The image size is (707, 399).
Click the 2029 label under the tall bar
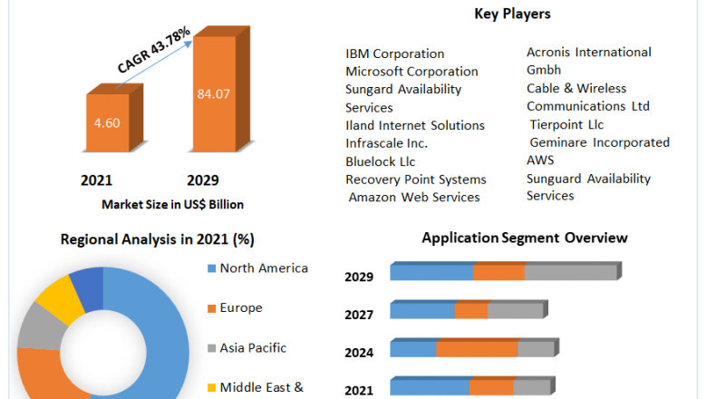[203, 180]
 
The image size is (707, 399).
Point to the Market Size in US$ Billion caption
[172, 204]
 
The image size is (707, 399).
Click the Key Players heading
[512, 14]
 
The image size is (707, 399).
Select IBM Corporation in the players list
[395, 54]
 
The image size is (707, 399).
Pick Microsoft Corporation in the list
[412, 72]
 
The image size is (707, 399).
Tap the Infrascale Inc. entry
[386, 143]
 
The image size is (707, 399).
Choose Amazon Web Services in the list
[414, 197]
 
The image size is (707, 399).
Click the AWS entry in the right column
[540, 160]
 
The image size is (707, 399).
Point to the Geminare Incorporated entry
[600, 142]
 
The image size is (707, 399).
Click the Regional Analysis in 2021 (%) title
[157, 239]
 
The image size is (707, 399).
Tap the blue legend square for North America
[211, 268]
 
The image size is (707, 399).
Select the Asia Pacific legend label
[253, 347]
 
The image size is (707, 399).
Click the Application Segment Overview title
[524, 238]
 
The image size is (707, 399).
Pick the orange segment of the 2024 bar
[477, 349]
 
